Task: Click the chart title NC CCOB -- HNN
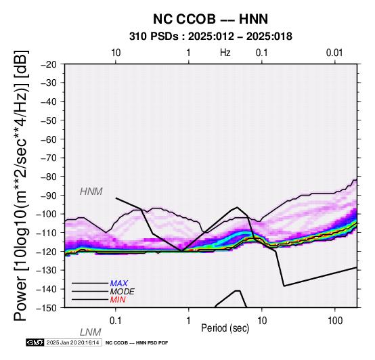pos(211,19)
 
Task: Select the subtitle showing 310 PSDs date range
pos(211,37)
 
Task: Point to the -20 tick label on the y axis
pos(49,64)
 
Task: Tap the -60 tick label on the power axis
pos(49,139)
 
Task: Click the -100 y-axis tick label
pos(47,214)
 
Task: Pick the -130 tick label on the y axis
pos(47,270)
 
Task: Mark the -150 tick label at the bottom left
pos(47,308)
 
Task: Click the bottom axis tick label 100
pos(335,321)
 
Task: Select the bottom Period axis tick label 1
pos(189,321)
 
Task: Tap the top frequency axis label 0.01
pos(334,53)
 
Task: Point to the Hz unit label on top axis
pos(225,53)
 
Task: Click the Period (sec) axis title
pos(225,328)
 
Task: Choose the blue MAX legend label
pos(119,284)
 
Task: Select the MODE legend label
pos(123,292)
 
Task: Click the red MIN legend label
pos(118,300)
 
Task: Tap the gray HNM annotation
pos(91,192)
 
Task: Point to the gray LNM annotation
pos(91,332)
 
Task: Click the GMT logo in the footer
pos(35,342)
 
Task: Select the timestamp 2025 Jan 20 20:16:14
pos(72,342)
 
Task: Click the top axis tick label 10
pos(116,53)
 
